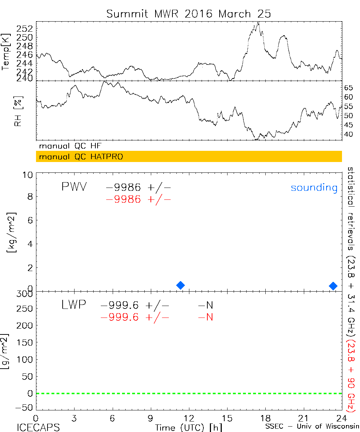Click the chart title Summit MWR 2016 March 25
coord(189,14)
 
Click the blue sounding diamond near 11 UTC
coord(181,285)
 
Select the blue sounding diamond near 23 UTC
coord(333,285)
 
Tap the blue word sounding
coord(314,188)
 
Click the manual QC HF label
coord(73,146)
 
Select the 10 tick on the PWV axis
coord(29,175)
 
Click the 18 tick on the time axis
coord(265,418)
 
